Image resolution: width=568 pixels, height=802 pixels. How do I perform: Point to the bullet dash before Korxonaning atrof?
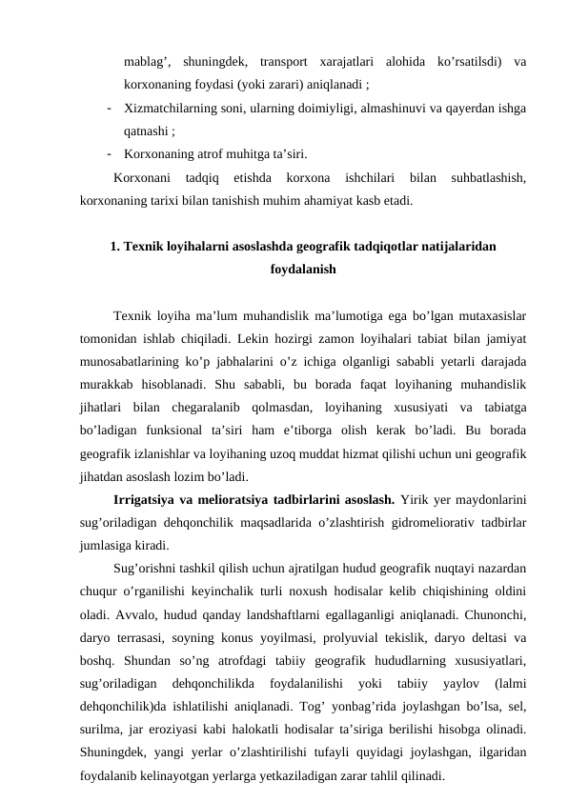click(x=111, y=153)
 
